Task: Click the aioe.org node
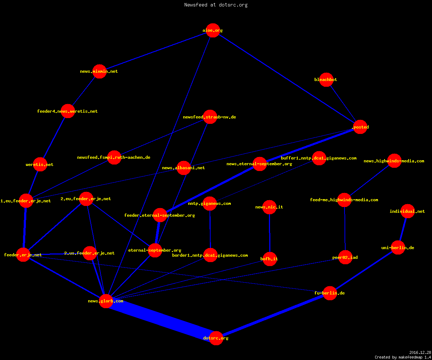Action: [213, 30]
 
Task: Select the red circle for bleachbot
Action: [326, 80]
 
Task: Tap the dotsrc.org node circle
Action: [216, 338]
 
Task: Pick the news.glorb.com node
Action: [106, 301]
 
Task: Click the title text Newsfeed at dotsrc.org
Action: [216, 5]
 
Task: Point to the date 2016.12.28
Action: [420, 352]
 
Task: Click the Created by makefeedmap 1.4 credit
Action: [403, 357]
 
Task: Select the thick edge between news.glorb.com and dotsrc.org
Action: [161, 319]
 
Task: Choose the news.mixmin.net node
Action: [99, 71]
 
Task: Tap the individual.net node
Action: [408, 211]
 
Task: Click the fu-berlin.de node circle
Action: [330, 293]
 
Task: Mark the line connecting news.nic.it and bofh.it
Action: [270, 233]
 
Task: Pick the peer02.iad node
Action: [345, 257]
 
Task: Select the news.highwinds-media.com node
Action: [394, 161]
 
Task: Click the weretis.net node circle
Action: [40, 165]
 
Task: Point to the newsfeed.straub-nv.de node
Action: [210, 117]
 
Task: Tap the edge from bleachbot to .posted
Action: [343, 103]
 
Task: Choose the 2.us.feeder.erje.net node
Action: [90, 253]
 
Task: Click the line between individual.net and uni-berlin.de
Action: [403, 229]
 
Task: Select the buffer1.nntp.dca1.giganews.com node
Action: [319, 158]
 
